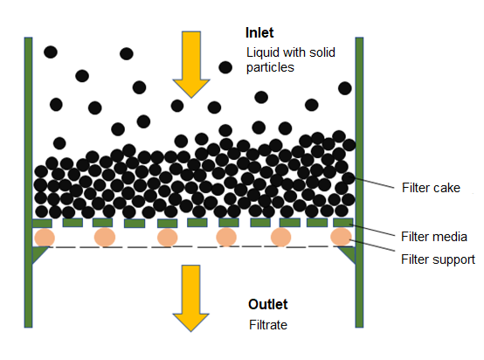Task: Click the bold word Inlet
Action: [x=259, y=32]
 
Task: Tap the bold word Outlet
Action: [x=268, y=304]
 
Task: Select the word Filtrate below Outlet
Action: [x=268, y=325]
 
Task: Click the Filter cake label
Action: [x=431, y=188]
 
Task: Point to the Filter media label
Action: [x=434, y=237]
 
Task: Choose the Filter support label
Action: [x=438, y=260]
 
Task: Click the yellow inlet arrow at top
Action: [x=191, y=65]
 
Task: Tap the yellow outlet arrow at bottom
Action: [x=191, y=298]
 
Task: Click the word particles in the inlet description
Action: [x=270, y=67]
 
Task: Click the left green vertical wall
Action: [x=29, y=182]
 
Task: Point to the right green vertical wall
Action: [x=359, y=182]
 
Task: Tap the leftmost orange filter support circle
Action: [x=45, y=238]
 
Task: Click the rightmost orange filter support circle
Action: [x=341, y=237]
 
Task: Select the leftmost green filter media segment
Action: [x=42, y=223]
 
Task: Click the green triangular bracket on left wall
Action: [x=38, y=253]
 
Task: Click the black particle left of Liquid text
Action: [x=225, y=67]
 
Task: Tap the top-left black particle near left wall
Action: [x=51, y=52]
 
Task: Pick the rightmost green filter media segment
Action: [x=343, y=223]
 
